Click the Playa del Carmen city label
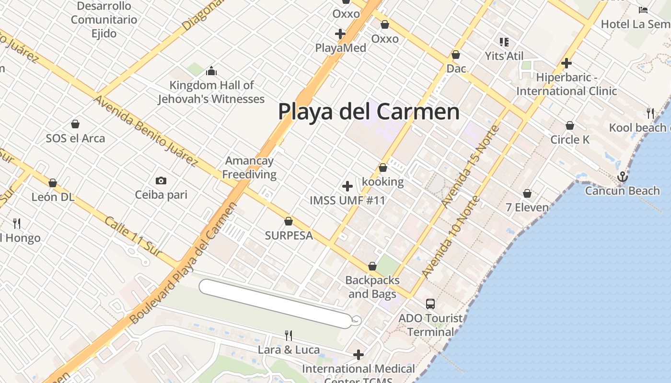click(369, 112)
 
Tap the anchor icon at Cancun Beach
click(622, 177)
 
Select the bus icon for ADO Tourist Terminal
click(430, 304)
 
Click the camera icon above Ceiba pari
click(161, 180)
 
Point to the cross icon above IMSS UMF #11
click(347, 186)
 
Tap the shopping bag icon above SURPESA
click(289, 221)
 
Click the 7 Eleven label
click(527, 207)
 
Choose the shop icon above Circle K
click(569, 125)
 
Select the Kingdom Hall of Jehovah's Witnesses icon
click(211, 71)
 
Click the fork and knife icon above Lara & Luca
click(289, 335)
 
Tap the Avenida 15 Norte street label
click(471, 166)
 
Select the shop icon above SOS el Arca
click(75, 124)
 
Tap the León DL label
click(53, 197)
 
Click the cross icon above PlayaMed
click(340, 34)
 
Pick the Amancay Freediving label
click(249, 168)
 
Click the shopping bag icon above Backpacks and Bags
click(372, 266)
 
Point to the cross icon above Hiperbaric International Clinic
click(567, 63)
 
